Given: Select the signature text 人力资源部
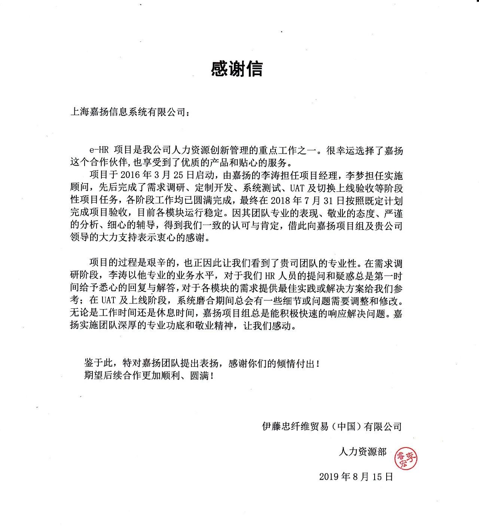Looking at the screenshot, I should click(x=363, y=452).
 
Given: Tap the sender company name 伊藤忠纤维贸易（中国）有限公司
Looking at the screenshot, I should click(x=332, y=426).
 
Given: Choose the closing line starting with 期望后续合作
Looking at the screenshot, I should click(x=150, y=376).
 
